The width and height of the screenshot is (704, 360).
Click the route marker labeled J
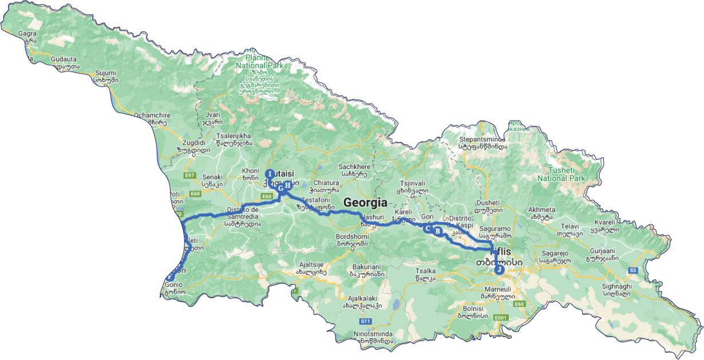pos(499,270)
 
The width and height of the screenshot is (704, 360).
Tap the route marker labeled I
pos(270,174)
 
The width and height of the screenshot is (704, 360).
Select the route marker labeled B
pos(437,231)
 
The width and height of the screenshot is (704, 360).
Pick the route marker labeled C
pos(427,228)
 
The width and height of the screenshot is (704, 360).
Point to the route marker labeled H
pos(288,185)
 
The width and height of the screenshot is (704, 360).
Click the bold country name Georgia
pos(365,202)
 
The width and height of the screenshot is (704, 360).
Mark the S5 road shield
pos(632,270)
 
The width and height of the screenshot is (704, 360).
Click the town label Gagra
pos(27,34)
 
